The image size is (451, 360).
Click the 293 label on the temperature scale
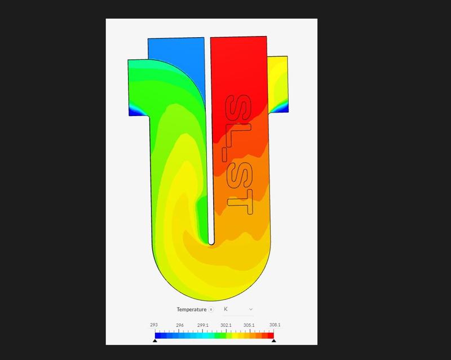coord(154,325)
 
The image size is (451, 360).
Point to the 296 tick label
coord(179,325)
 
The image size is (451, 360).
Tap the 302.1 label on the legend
coord(225,325)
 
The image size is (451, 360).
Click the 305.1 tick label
coord(249,325)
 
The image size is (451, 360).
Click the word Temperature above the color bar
coord(192,309)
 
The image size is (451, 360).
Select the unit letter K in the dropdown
coord(225,309)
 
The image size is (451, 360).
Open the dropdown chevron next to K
coord(251,309)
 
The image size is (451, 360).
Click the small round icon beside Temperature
coord(211,309)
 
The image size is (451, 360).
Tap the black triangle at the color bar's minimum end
coord(155,340)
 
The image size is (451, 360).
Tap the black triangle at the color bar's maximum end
coord(273,340)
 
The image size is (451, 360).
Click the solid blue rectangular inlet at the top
coord(175,48)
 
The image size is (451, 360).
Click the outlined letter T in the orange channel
coord(238,203)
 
